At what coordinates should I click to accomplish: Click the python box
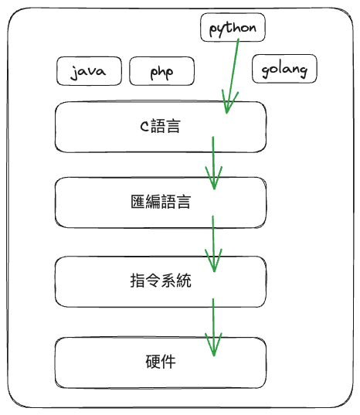click(233, 28)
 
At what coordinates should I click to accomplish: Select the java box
click(89, 71)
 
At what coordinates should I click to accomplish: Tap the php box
click(161, 71)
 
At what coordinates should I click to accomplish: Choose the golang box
click(284, 69)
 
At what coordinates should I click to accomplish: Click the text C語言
click(160, 126)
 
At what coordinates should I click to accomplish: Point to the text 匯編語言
click(161, 202)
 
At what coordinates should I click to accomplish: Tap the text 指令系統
click(161, 281)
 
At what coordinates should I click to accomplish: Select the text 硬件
click(161, 362)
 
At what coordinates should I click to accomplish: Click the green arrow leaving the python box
click(233, 77)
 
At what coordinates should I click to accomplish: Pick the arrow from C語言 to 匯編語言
click(213, 163)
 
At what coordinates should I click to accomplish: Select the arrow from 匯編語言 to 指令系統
click(213, 243)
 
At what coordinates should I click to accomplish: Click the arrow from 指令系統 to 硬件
click(213, 327)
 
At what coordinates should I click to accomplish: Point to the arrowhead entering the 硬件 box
click(214, 345)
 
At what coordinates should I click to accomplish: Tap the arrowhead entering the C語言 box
click(229, 103)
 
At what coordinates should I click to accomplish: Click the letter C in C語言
click(144, 126)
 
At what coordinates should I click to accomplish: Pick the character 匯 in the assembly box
click(138, 202)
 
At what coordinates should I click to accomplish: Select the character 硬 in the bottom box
click(153, 362)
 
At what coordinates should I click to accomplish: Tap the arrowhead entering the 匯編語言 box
click(214, 178)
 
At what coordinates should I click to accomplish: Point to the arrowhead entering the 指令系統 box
click(214, 260)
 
